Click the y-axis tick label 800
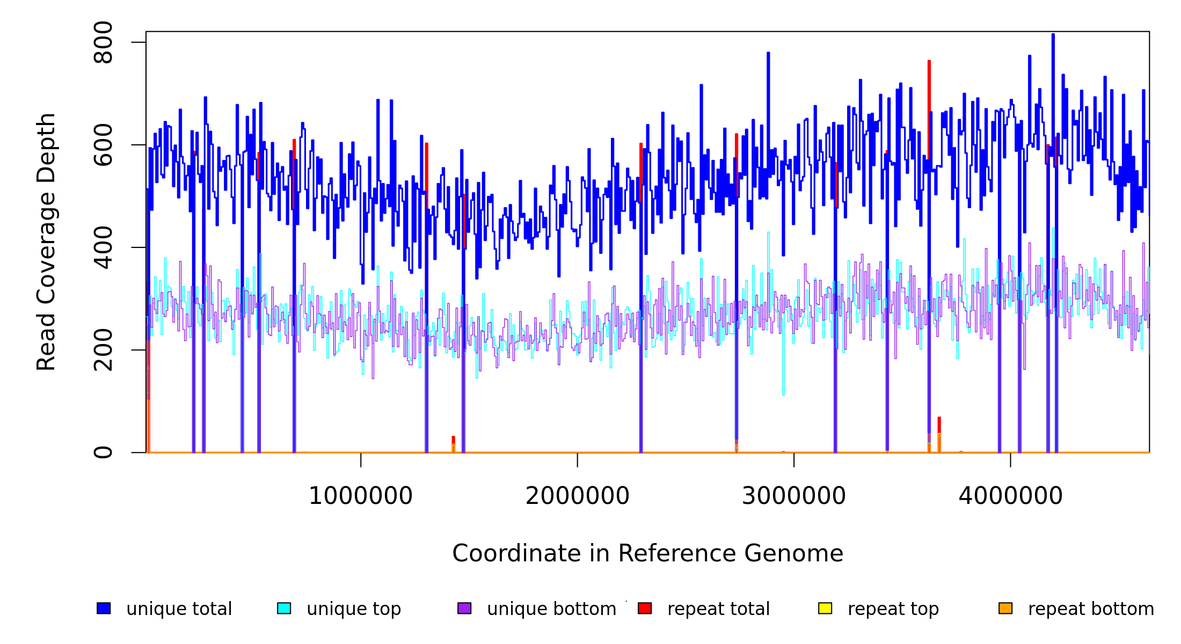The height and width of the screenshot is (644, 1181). (x=103, y=42)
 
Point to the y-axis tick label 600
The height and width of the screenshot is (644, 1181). (x=103, y=145)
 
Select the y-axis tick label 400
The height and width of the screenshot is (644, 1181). (x=103, y=247)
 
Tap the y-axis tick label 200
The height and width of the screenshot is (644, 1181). (x=103, y=350)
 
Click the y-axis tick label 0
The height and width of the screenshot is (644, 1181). (x=103, y=452)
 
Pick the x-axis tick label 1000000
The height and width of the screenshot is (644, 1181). (x=361, y=496)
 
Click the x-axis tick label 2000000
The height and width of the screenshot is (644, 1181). (x=578, y=496)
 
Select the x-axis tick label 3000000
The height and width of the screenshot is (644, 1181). (x=794, y=496)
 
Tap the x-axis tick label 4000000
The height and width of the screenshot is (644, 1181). (x=1011, y=496)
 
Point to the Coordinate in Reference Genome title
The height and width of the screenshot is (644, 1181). (x=647, y=553)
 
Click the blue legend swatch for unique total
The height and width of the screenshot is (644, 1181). (x=104, y=608)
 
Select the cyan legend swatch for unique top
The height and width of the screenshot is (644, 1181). (x=284, y=608)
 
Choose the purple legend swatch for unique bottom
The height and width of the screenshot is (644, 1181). (x=464, y=608)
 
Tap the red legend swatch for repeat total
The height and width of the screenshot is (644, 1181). (x=645, y=608)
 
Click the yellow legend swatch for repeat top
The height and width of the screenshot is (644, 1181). (x=825, y=608)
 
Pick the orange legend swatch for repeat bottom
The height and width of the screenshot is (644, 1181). (x=1005, y=608)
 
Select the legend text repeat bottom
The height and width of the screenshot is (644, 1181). (x=1091, y=609)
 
